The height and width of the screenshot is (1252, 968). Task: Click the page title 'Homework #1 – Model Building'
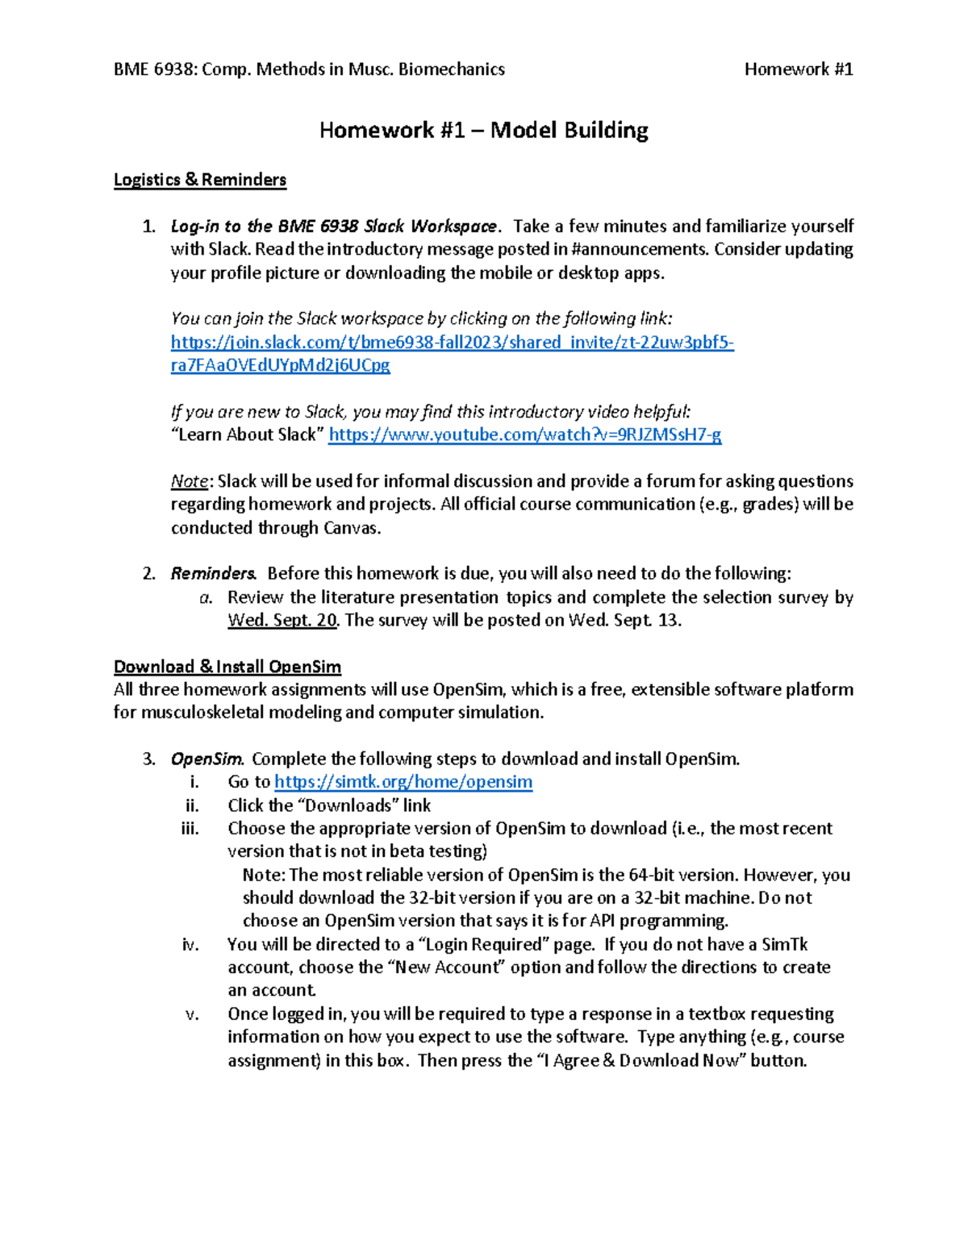[x=483, y=131]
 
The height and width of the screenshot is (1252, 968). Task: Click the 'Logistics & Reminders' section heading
[x=200, y=180]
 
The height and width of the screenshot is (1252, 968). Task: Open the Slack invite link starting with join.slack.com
[x=452, y=343]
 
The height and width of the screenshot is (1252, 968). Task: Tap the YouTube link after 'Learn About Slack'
[x=525, y=435]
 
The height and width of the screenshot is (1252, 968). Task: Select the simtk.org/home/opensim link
[x=403, y=782]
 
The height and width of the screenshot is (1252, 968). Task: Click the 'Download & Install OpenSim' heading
[x=227, y=667]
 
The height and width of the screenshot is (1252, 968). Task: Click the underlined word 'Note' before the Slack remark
[x=190, y=482]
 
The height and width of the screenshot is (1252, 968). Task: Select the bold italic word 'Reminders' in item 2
[x=213, y=574]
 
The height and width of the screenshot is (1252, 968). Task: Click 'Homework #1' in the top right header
[x=798, y=70]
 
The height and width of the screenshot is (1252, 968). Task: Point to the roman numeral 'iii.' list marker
[x=190, y=829]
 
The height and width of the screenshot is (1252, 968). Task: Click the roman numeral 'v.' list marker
[x=192, y=1014]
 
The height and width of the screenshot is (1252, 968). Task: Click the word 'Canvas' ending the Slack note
[x=350, y=529]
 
